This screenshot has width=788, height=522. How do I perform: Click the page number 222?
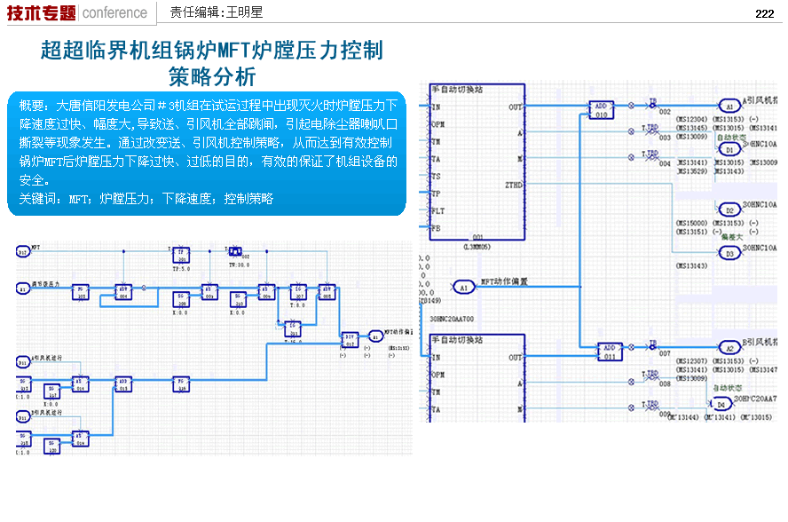765,13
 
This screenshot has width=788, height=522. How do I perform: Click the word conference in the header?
114,12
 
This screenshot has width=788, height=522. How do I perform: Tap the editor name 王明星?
244,12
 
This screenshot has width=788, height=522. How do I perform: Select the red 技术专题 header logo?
41,12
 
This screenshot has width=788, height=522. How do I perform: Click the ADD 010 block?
602,109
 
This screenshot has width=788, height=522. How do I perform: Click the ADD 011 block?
609,351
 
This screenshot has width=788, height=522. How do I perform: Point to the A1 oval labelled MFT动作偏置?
463,287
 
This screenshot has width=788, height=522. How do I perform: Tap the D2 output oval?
729,210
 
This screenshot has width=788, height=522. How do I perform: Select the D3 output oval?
729,253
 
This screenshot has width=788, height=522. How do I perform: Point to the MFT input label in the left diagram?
36,248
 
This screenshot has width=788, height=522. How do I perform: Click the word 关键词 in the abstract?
36,199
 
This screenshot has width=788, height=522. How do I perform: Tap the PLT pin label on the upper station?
437,210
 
